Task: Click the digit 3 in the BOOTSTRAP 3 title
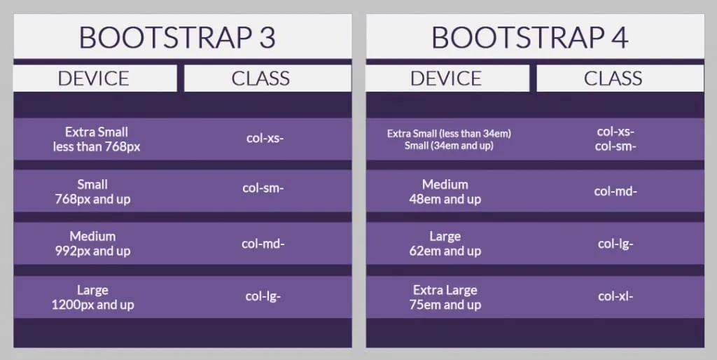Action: pyautogui.click(x=267, y=38)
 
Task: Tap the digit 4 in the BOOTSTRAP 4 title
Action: pyautogui.click(x=620, y=38)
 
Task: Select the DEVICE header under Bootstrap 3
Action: pyautogui.click(x=93, y=78)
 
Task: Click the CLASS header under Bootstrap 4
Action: pyautogui.click(x=613, y=78)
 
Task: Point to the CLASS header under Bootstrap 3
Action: pyautogui.click(x=260, y=78)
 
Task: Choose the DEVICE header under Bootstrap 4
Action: pyautogui.click(x=446, y=78)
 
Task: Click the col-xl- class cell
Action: pyautogui.click(x=615, y=296)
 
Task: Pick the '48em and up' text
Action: pyautogui.click(x=445, y=200)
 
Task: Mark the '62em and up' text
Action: pyautogui.click(x=445, y=251)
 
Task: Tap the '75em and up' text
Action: pyautogui.click(x=445, y=305)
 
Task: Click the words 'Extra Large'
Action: pyautogui.click(x=445, y=290)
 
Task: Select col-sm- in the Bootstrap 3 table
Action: pyautogui.click(x=263, y=188)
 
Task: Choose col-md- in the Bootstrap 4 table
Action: pyautogui.click(x=615, y=191)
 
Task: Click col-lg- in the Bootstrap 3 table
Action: pyautogui.click(x=263, y=296)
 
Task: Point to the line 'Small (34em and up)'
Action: pyautogui.click(x=449, y=146)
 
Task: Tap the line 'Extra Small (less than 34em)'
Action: pyautogui.click(x=449, y=134)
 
